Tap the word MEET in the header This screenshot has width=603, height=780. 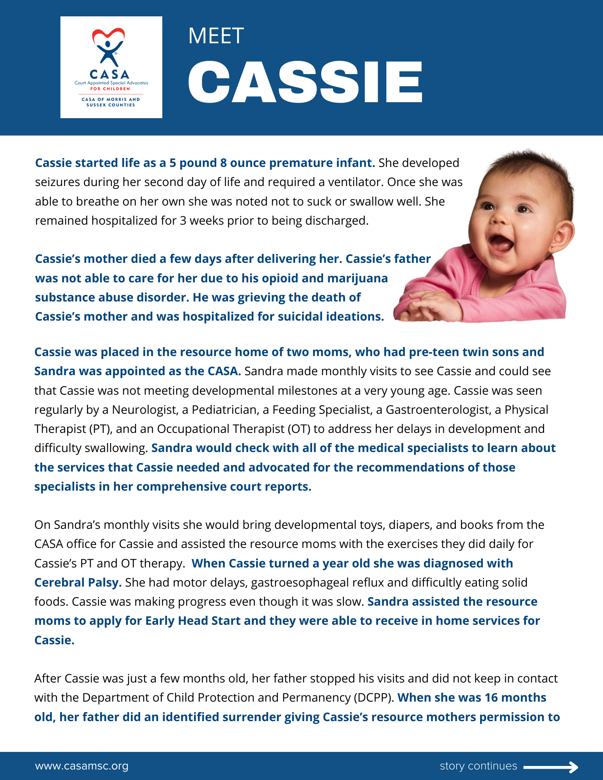click(216, 36)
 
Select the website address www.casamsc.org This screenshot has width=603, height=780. click(82, 766)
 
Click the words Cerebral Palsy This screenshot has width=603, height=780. click(78, 582)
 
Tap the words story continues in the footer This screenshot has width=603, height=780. click(478, 766)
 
